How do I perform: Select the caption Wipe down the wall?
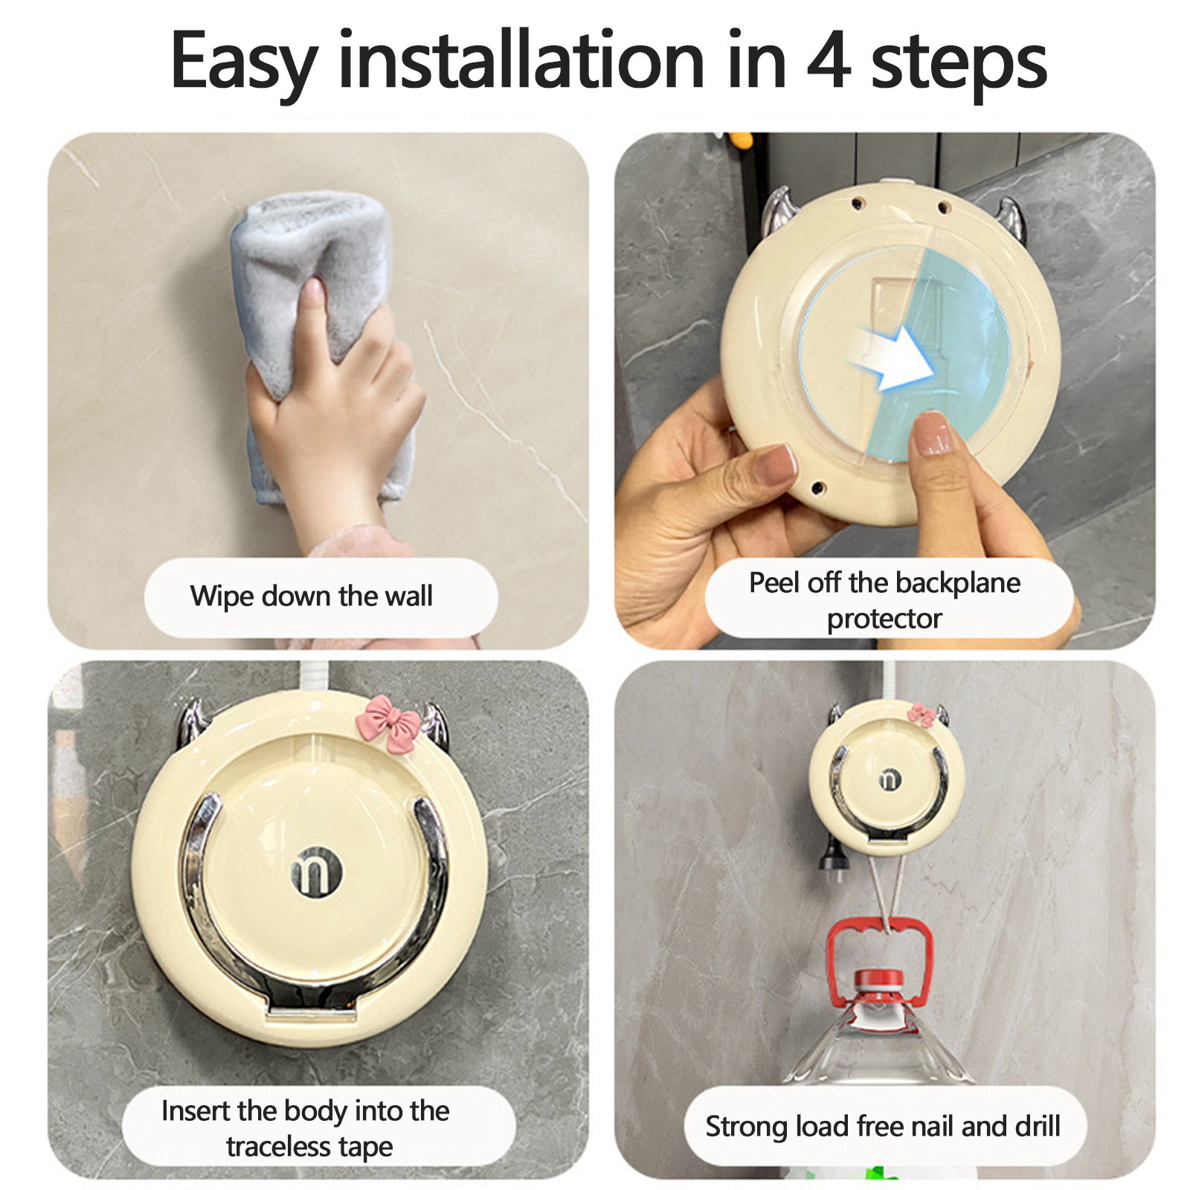pos(311,596)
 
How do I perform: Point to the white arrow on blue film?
pos(892,357)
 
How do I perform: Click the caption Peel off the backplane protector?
pos(884,600)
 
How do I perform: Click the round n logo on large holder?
pos(316,871)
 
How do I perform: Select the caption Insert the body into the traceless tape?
pos(306,1128)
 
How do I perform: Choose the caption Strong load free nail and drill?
pos(883,1127)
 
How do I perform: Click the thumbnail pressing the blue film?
pos(932,434)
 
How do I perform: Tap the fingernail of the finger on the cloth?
pos(314,292)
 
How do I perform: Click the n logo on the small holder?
pos(890,779)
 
